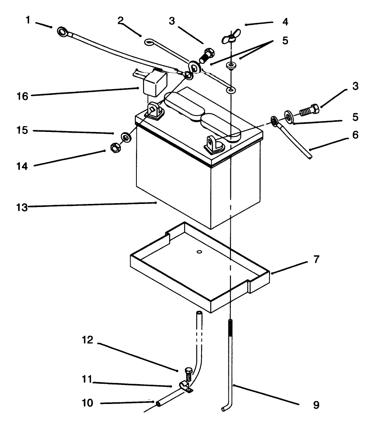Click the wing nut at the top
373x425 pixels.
pyautogui.click(x=231, y=36)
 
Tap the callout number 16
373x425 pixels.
pyautogui.click(x=22, y=96)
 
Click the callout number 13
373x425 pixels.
pyautogui.click(x=22, y=207)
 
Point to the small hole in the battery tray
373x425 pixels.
pyautogui.click(x=200, y=252)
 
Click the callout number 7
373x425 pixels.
pyautogui.click(x=316, y=259)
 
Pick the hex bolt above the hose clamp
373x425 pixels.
pyautogui.click(x=188, y=374)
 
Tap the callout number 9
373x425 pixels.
pyautogui.click(x=316, y=405)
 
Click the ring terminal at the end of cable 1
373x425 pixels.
pyautogui.click(x=63, y=32)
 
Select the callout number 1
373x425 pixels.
pyautogui.click(x=28, y=20)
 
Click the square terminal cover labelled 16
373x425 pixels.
pyautogui.click(x=155, y=82)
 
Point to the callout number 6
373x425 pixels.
pyautogui.click(x=355, y=135)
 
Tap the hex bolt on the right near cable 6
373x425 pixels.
pyautogui.click(x=309, y=110)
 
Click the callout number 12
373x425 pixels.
pyautogui.click(x=87, y=340)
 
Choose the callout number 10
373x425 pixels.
pyautogui.click(x=87, y=403)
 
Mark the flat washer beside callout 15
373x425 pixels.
pyautogui.click(x=126, y=137)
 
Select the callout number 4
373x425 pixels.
pyautogui.click(x=285, y=22)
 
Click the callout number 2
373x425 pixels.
pyautogui.click(x=120, y=20)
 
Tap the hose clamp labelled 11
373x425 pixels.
pyautogui.click(x=186, y=387)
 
